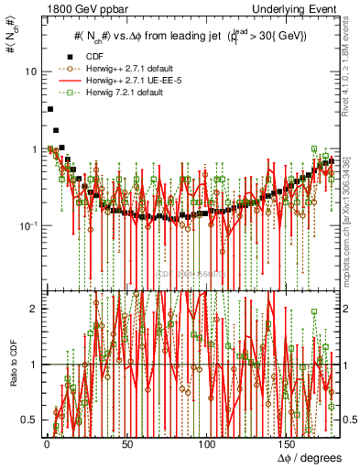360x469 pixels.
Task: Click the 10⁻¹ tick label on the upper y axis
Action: (x=29, y=225)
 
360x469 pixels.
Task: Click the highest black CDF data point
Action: (x=49, y=109)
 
